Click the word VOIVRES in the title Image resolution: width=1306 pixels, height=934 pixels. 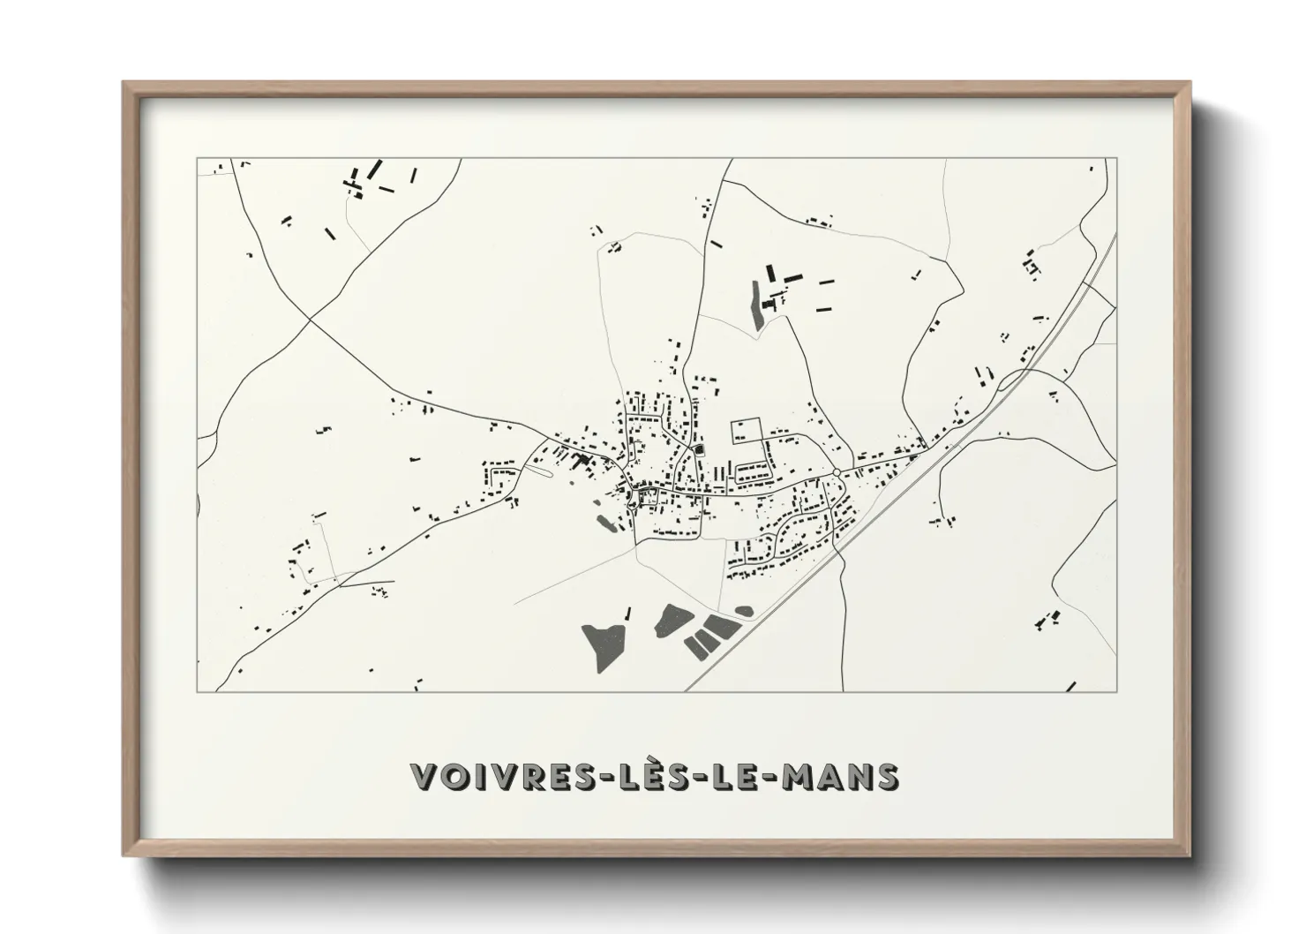click(487, 777)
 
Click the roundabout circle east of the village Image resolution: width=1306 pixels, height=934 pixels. click(835, 473)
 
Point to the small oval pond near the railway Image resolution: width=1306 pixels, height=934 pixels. click(744, 610)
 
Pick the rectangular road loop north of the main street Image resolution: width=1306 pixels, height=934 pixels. click(746, 430)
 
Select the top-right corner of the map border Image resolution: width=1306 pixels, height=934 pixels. click(1116, 159)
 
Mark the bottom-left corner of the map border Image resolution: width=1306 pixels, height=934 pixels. click(197, 691)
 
